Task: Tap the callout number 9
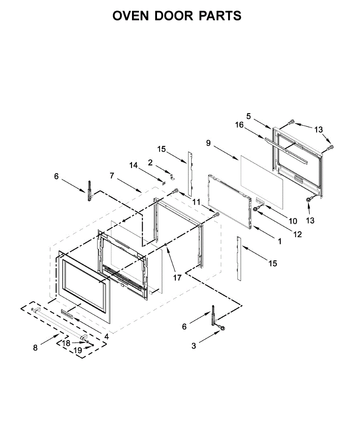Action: [208, 143]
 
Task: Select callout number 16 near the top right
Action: [239, 125]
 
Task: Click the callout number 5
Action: [248, 116]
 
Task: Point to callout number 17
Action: [177, 277]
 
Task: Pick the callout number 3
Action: [194, 346]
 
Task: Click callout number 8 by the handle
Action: [35, 348]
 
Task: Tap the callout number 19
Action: [78, 350]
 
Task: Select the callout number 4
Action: [106, 336]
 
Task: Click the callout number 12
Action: [297, 234]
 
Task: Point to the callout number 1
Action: [280, 241]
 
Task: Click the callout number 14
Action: [133, 165]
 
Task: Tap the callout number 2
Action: [150, 163]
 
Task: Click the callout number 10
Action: [293, 221]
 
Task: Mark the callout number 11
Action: [197, 202]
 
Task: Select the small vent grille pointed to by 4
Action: [67, 312]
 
